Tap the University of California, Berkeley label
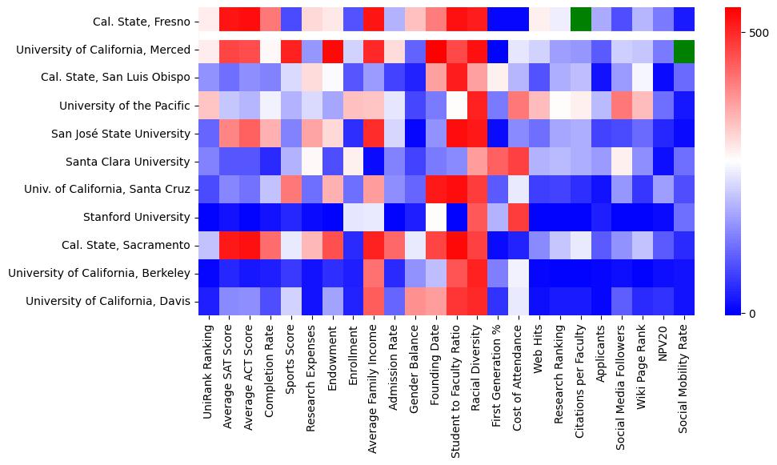99,273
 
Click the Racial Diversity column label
478,365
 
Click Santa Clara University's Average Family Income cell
374,162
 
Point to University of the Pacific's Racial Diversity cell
478,106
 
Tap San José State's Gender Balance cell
415,134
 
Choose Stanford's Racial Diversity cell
478,217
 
